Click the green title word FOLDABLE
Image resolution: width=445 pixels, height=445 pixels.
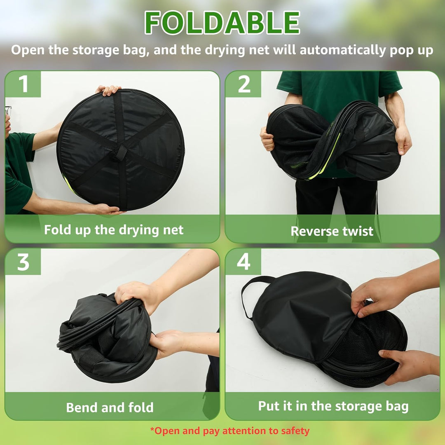click(x=222, y=23)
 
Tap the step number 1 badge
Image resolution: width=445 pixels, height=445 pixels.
click(x=23, y=84)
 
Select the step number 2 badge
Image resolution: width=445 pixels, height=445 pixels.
click(x=244, y=84)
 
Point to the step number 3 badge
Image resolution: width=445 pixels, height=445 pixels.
click(x=23, y=262)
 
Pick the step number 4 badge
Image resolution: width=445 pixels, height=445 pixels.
click(x=244, y=262)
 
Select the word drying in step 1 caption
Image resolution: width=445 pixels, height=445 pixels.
click(x=139, y=230)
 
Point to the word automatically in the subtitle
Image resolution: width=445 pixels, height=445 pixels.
click(x=343, y=51)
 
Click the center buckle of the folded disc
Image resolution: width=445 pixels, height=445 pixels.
click(x=121, y=153)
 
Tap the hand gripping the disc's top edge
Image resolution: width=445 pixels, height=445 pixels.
click(x=108, y=90)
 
